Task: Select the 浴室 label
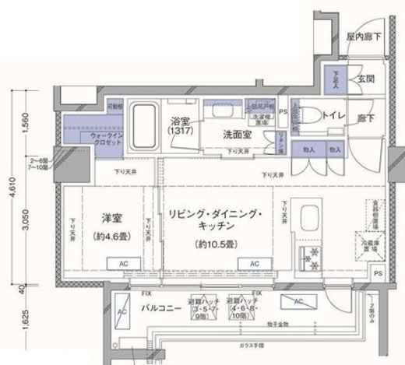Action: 183,121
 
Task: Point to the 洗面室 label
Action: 239,132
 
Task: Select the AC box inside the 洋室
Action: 123,265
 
